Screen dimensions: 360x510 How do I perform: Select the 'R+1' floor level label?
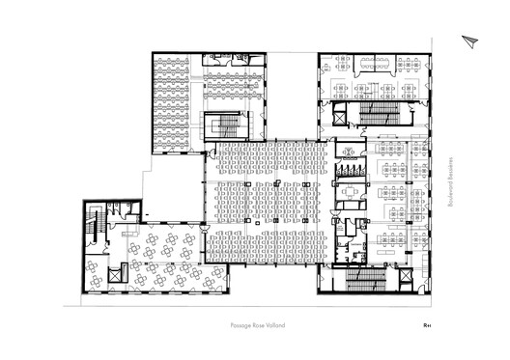point(427,326)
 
